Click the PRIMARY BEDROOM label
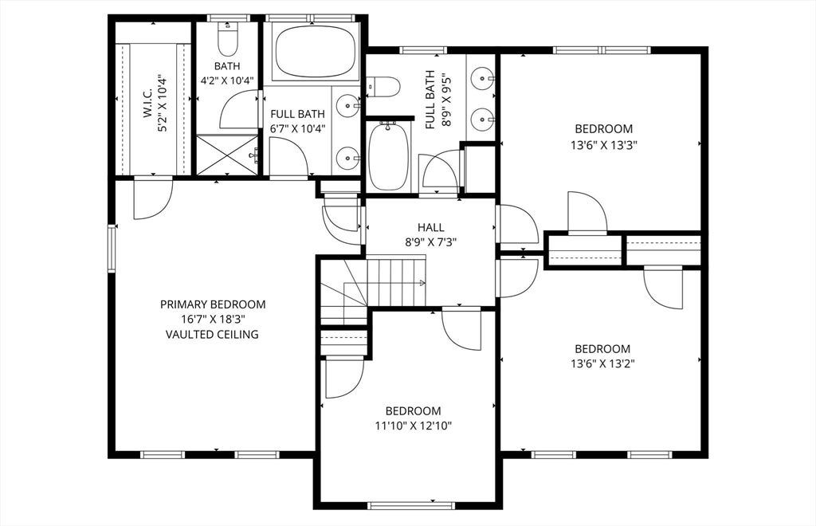click(x=212, y=304)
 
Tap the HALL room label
click(x=431, y=227)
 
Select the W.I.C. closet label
click(x=147, y=102)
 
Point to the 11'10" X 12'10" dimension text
click(x=414, y=426)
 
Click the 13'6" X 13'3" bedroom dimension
click(x=604, y=145)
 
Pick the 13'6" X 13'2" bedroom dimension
click(x=602, y=363)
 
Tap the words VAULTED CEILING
click(x=212, y=334)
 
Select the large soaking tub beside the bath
click(x=316, y=51)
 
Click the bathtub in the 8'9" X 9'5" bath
click(x=388, y=156)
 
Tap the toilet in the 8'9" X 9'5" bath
click(x=383, y=86)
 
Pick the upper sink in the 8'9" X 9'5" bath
click(x=482, y=79)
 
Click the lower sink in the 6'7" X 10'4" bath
click(x=347, y=158)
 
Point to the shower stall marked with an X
click(x=227, y=155)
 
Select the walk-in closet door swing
click(x=153, y=198)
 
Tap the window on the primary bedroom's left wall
click(x=112, y=249)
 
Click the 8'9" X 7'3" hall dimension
click(x=431, y=242)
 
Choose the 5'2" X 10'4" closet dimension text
click(x=163, y=104)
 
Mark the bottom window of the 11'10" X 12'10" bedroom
click(x=411, y=505)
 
